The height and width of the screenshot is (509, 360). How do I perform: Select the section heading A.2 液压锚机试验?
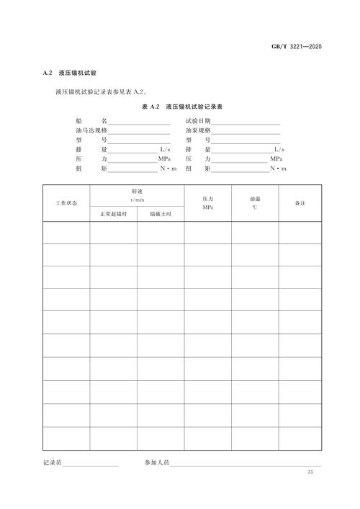[74, 74]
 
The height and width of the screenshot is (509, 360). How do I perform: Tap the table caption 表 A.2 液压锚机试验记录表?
[181, 107]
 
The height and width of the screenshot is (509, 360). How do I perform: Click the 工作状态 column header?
[66, 203]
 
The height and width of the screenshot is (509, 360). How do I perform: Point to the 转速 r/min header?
[137, 195]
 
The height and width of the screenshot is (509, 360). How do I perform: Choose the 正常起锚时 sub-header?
[113, 214]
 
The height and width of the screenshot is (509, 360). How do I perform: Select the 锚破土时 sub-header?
[161, 214]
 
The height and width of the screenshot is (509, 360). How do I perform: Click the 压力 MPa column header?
[207, 202]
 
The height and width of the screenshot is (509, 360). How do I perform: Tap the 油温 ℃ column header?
[255, 202]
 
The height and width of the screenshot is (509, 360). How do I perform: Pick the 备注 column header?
[300, 203]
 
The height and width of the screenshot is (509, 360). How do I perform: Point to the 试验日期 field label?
[198, 122]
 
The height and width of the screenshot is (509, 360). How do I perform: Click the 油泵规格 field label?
[198, 131]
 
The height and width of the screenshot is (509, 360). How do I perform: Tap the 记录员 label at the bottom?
[53, 464]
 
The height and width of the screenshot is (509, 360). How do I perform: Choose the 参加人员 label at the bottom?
[156, 464]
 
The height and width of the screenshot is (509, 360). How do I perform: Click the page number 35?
[311, 472]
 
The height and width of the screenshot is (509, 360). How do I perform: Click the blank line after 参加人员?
[245, 465]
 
